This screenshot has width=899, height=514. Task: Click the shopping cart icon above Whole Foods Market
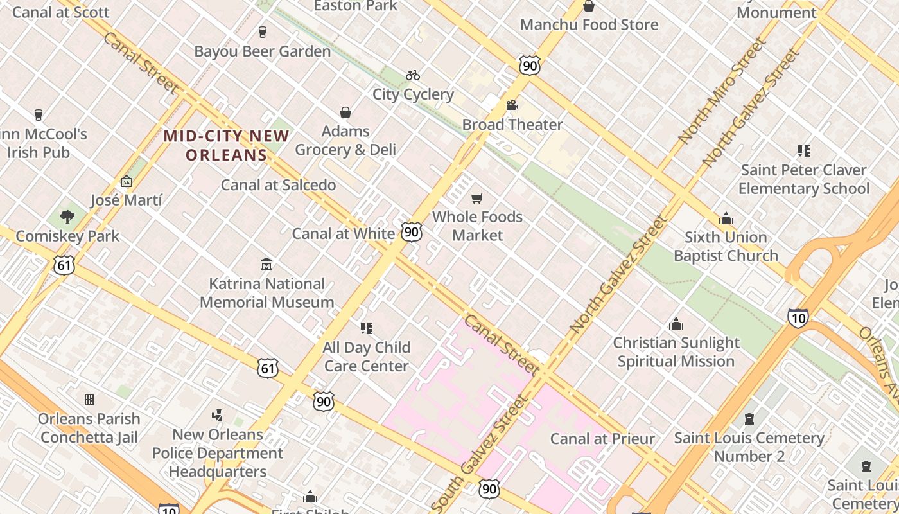tap(476, 199)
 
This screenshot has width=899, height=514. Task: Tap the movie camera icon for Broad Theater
tap(512, 105)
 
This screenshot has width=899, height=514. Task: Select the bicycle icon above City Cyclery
tap(413, 75)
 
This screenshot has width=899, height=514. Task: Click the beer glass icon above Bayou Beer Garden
tap(262, 32)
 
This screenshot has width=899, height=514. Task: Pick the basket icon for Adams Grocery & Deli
tap(345, 113)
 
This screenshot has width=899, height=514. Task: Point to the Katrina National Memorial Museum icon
tap(266, 264)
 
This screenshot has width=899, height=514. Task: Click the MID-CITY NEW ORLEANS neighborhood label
tap(226, 145)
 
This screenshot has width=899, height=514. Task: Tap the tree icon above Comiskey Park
tap(67, 217)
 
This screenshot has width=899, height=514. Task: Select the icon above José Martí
tap(127, 182)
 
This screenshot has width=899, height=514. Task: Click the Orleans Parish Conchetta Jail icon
tap(89, 400)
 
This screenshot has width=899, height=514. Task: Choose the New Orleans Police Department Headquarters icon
tap(218, 416)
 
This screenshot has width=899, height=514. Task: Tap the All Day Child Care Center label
tap(366, 357)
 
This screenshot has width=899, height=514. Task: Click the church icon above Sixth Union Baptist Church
tap(726, 218)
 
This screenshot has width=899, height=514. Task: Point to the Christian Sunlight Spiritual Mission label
tap(676, 351)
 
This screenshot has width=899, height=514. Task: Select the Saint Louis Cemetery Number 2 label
tap(749, 447)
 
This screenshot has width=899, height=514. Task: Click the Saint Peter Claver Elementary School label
tap(803, 179)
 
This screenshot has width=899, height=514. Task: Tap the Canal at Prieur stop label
tap(602, 439)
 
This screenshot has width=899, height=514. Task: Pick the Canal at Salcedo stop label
tap(278, 185)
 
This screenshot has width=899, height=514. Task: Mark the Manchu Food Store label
tap(589, 25)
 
